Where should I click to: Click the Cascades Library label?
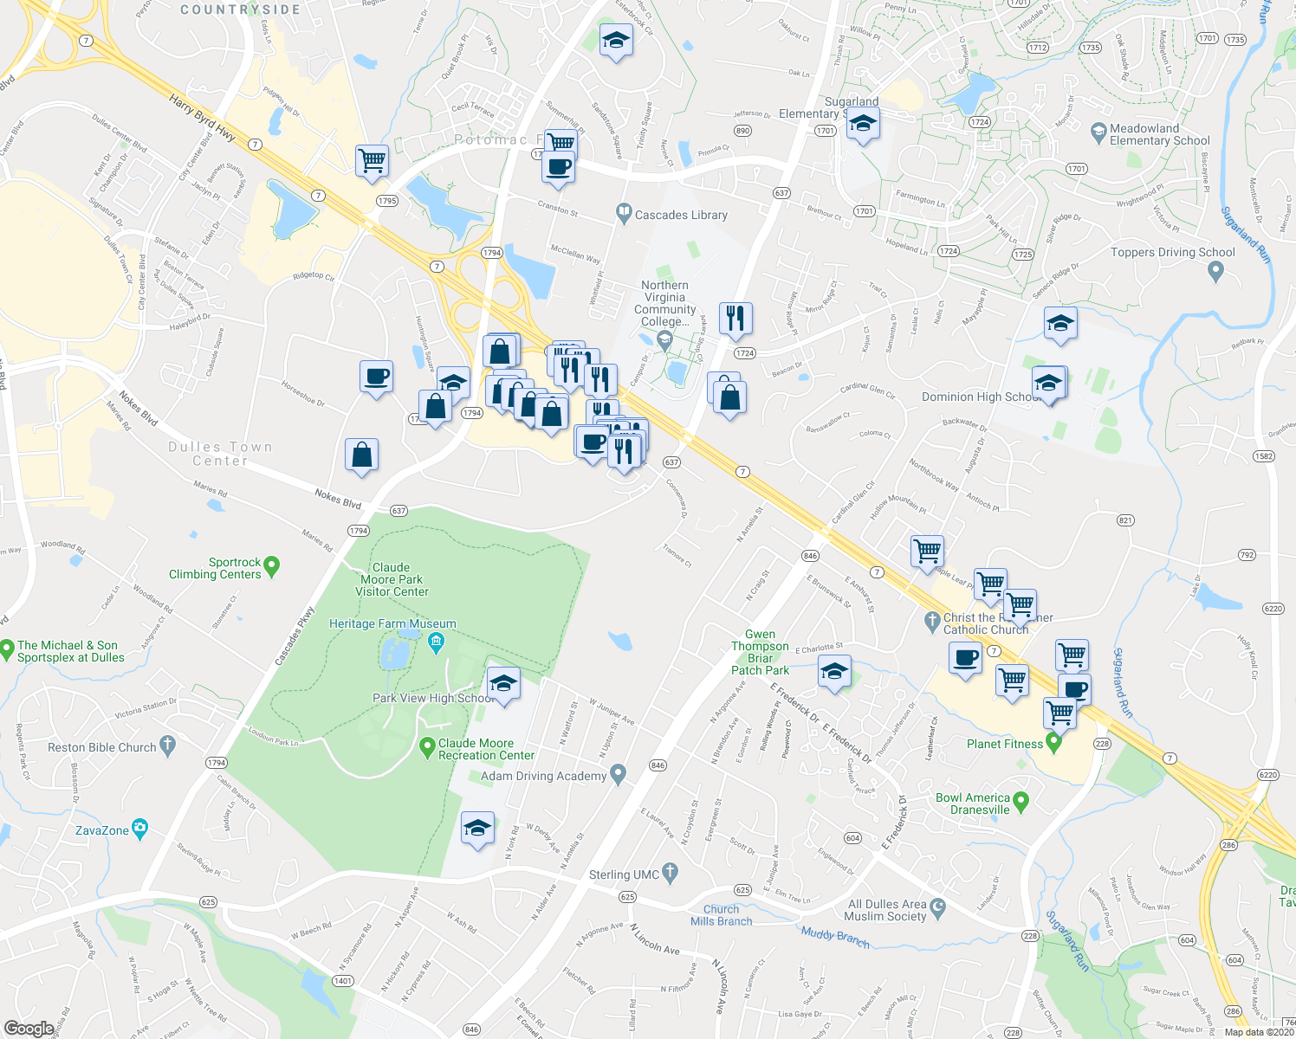[x=681, y=215]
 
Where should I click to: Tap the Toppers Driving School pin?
[x=1215, y=271]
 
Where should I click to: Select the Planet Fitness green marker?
[x=1054, y=742]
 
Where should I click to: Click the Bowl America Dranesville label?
[x=972, y=803]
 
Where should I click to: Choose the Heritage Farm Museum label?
[x=392, y=623]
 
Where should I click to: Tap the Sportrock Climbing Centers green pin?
[x=272, y=567]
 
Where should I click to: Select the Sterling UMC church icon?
[x=670, y=873]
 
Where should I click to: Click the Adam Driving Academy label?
[x=543, y=776]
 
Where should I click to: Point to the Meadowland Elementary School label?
[x=1159, y=134]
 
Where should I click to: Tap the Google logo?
[x=29, y=1029]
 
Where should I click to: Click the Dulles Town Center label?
[x=220, y=454]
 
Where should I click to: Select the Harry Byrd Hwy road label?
[x=203, y=119]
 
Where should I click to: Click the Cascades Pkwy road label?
[x=295, y=636]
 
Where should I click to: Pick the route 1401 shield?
[x=343, y=981]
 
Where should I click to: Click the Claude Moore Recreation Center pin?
[x=427, y=746]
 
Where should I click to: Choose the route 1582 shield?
[x=1264, y=456]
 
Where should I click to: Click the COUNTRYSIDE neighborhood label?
[x=240, y=10]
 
